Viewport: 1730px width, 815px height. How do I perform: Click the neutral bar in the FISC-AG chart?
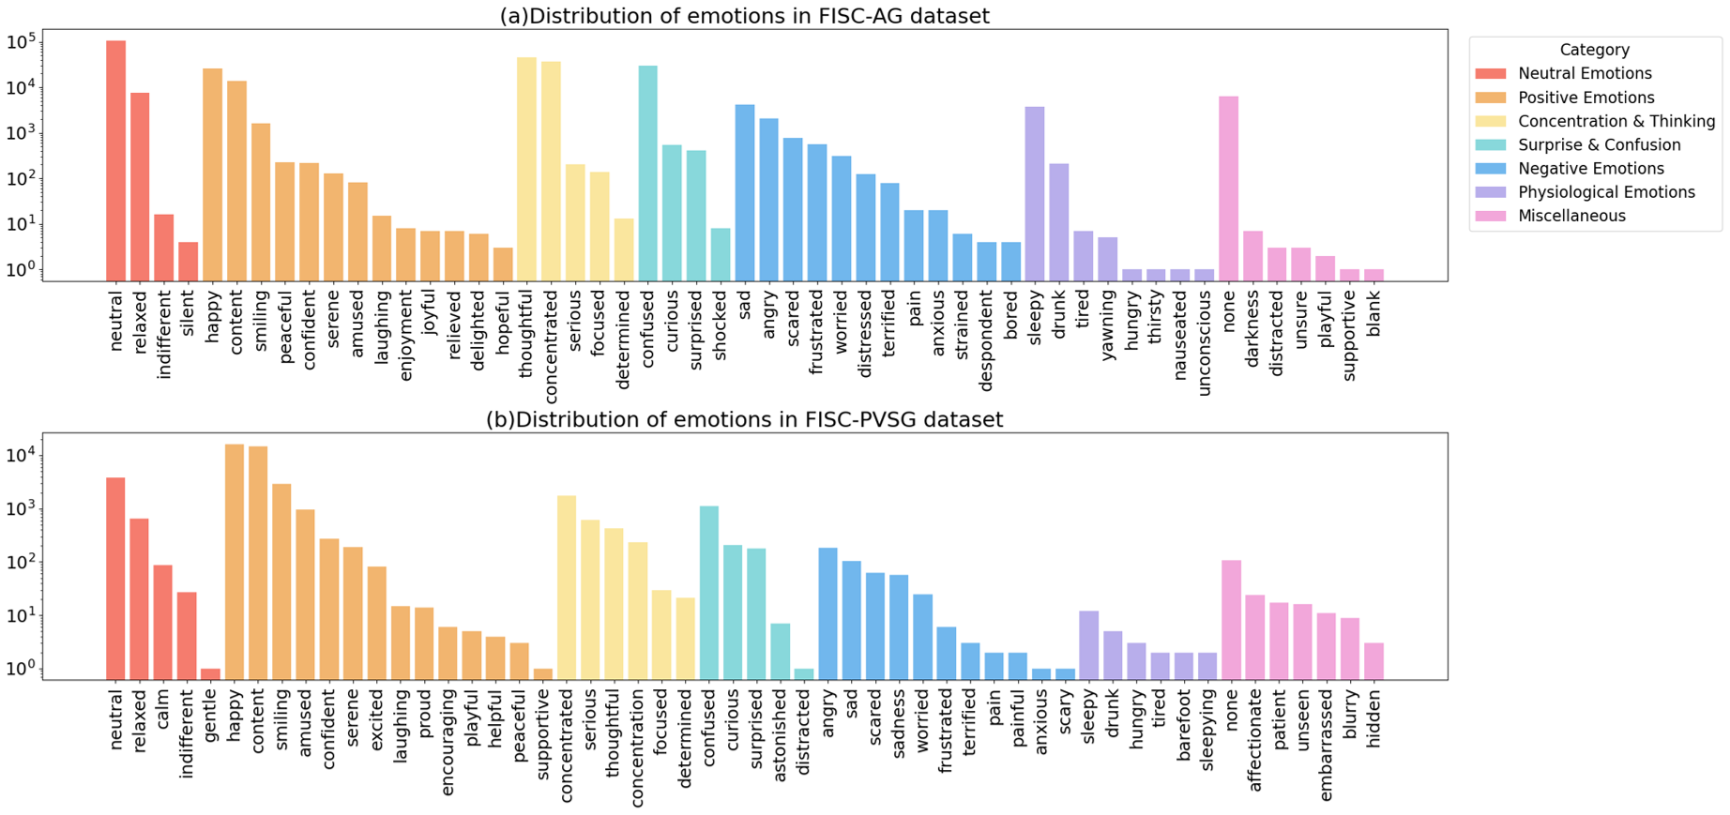[116, 159]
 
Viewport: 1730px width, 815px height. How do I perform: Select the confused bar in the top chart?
[647, 174]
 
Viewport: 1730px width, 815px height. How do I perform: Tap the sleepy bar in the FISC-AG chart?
[1035, 193]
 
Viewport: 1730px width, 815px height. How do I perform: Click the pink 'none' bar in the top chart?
[1228, 188]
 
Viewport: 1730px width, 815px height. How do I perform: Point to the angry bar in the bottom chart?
[827, 613]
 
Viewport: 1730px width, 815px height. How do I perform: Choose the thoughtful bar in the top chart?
[526, 169]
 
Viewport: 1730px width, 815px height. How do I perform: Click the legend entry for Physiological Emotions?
[1606, 192]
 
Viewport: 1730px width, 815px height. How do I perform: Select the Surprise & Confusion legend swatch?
[1490, 145]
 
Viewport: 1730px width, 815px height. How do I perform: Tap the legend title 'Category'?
[1594, 50]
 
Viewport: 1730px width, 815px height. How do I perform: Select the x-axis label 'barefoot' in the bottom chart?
[1184, 720]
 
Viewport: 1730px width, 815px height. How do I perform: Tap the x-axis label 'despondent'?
[986, 340]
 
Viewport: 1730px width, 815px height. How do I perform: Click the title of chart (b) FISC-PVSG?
[744, 419]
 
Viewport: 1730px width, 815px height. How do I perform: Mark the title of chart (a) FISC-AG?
[744, 16]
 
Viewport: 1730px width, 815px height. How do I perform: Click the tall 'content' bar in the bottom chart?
[258, 563]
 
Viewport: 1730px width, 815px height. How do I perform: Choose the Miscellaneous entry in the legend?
[1571, 216]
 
